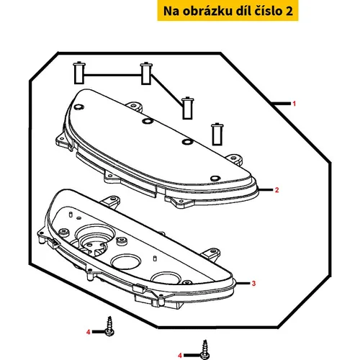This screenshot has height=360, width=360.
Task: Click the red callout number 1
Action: click(294, 104)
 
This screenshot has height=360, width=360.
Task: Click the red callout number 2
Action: click(277, 190)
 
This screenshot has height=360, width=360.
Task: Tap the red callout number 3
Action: click(253, 284)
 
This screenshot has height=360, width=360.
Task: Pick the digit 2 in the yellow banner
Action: click(289, 12)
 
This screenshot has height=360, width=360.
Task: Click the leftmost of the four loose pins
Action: click(79, 73)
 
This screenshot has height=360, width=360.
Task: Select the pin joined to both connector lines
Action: click(146, 73)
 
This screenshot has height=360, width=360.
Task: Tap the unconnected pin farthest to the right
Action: click(217, 135)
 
